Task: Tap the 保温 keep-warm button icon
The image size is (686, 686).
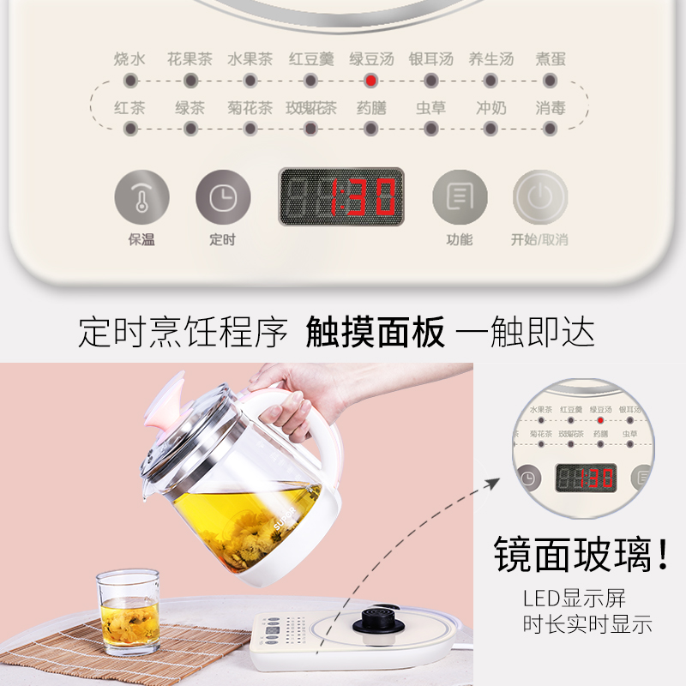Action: pos(141,197)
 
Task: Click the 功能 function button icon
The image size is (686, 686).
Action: pos(459,197)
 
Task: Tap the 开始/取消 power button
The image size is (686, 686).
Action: pos(540,197)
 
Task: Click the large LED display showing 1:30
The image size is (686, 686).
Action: pos(341,196)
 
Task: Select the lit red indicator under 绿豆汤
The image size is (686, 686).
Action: pos(370,81)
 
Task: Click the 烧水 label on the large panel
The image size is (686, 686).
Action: pos(129,59)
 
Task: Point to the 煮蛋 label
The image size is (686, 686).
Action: pos(551,59)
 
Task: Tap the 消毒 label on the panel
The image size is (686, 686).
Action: pos(551,108)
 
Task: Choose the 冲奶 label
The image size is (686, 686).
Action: pos(491,108)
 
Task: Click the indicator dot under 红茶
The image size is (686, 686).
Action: pos(130,129)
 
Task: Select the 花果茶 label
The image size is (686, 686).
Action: pos(190,59)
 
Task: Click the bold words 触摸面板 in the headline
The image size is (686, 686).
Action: pos(376,332)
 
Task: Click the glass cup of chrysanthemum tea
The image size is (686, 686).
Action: pos(128,611)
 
